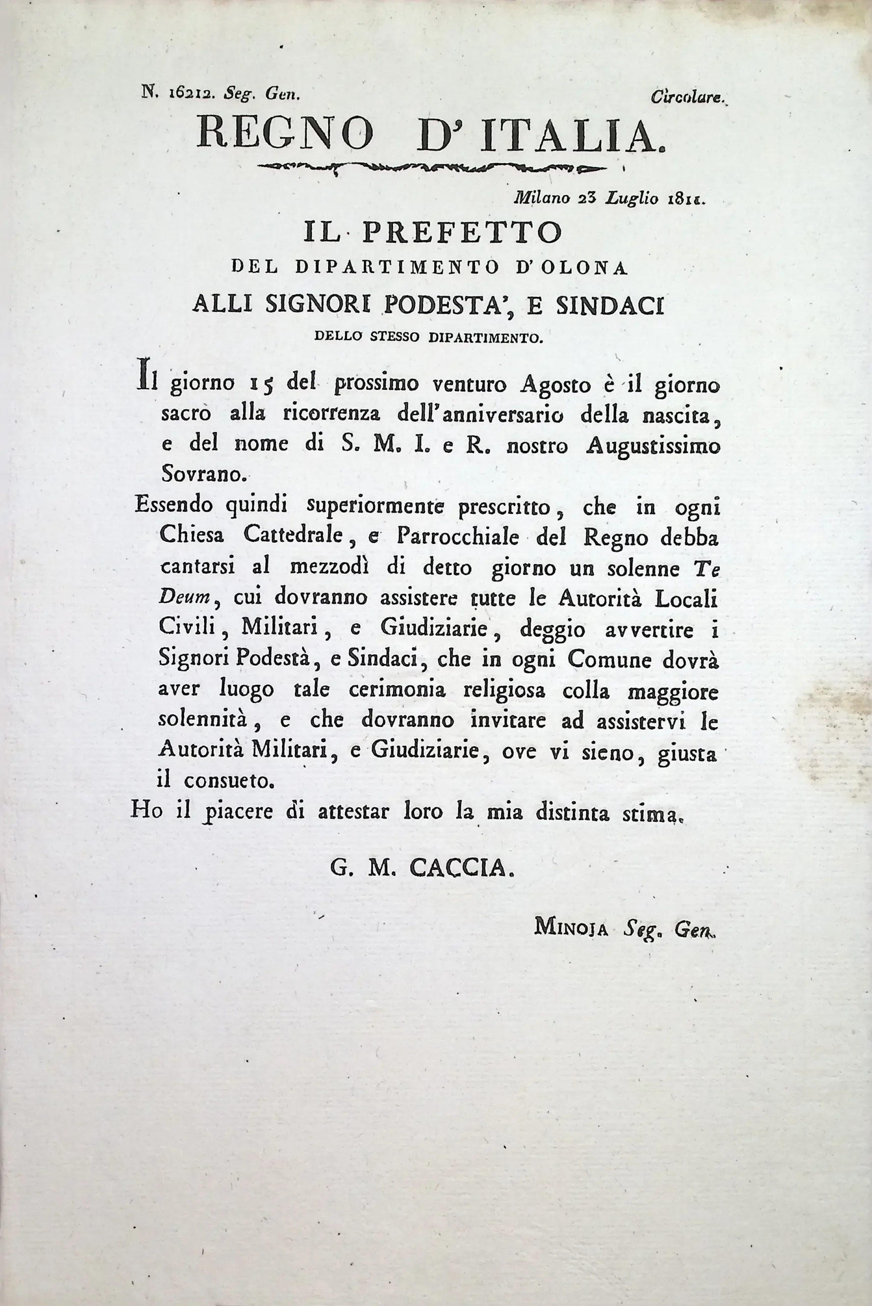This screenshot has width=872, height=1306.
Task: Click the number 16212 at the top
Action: tap(187, 95)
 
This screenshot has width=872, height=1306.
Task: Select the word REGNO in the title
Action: tap(285, 135)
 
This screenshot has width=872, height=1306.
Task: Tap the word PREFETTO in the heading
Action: tap(462, 233)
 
